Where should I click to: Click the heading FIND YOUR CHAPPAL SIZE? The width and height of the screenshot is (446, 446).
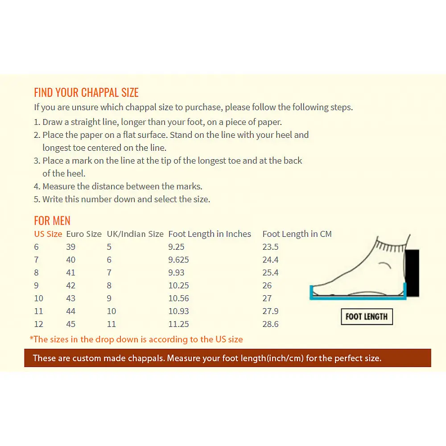coord(86,92)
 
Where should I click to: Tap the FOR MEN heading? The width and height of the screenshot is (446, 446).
coord(52,220)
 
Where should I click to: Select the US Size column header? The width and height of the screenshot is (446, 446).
coord(48,234)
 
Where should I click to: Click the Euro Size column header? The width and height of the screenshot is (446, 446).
coord(84,234)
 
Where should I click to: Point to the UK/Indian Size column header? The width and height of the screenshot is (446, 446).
coord(135,234)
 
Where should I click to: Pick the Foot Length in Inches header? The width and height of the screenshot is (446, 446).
coord(210,234)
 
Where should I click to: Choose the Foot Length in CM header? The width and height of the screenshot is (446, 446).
coord(297,234)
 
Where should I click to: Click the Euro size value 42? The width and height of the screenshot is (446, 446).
coord(71,285)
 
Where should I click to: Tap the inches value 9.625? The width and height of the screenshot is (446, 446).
coord(179,260)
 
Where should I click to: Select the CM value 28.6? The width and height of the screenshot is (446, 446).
coord(271,324)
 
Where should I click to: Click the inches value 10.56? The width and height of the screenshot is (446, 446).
coord(179,298)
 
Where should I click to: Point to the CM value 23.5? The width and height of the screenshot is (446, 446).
coord(271,247)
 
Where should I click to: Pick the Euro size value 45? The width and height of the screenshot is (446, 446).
coord(71,324)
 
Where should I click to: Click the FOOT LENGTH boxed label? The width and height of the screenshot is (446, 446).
coord(367,317)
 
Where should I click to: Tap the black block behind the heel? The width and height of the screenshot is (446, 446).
coord(412,273)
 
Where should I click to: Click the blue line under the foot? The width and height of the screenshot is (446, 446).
coord(358,298)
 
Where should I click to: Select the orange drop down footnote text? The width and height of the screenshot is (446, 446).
coord(136,339)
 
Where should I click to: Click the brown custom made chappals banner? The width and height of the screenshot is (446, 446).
coord(227,358)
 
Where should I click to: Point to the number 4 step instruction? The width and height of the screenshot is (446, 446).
coord(118,186)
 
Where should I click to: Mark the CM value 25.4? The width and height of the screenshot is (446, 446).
coord(271,273)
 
